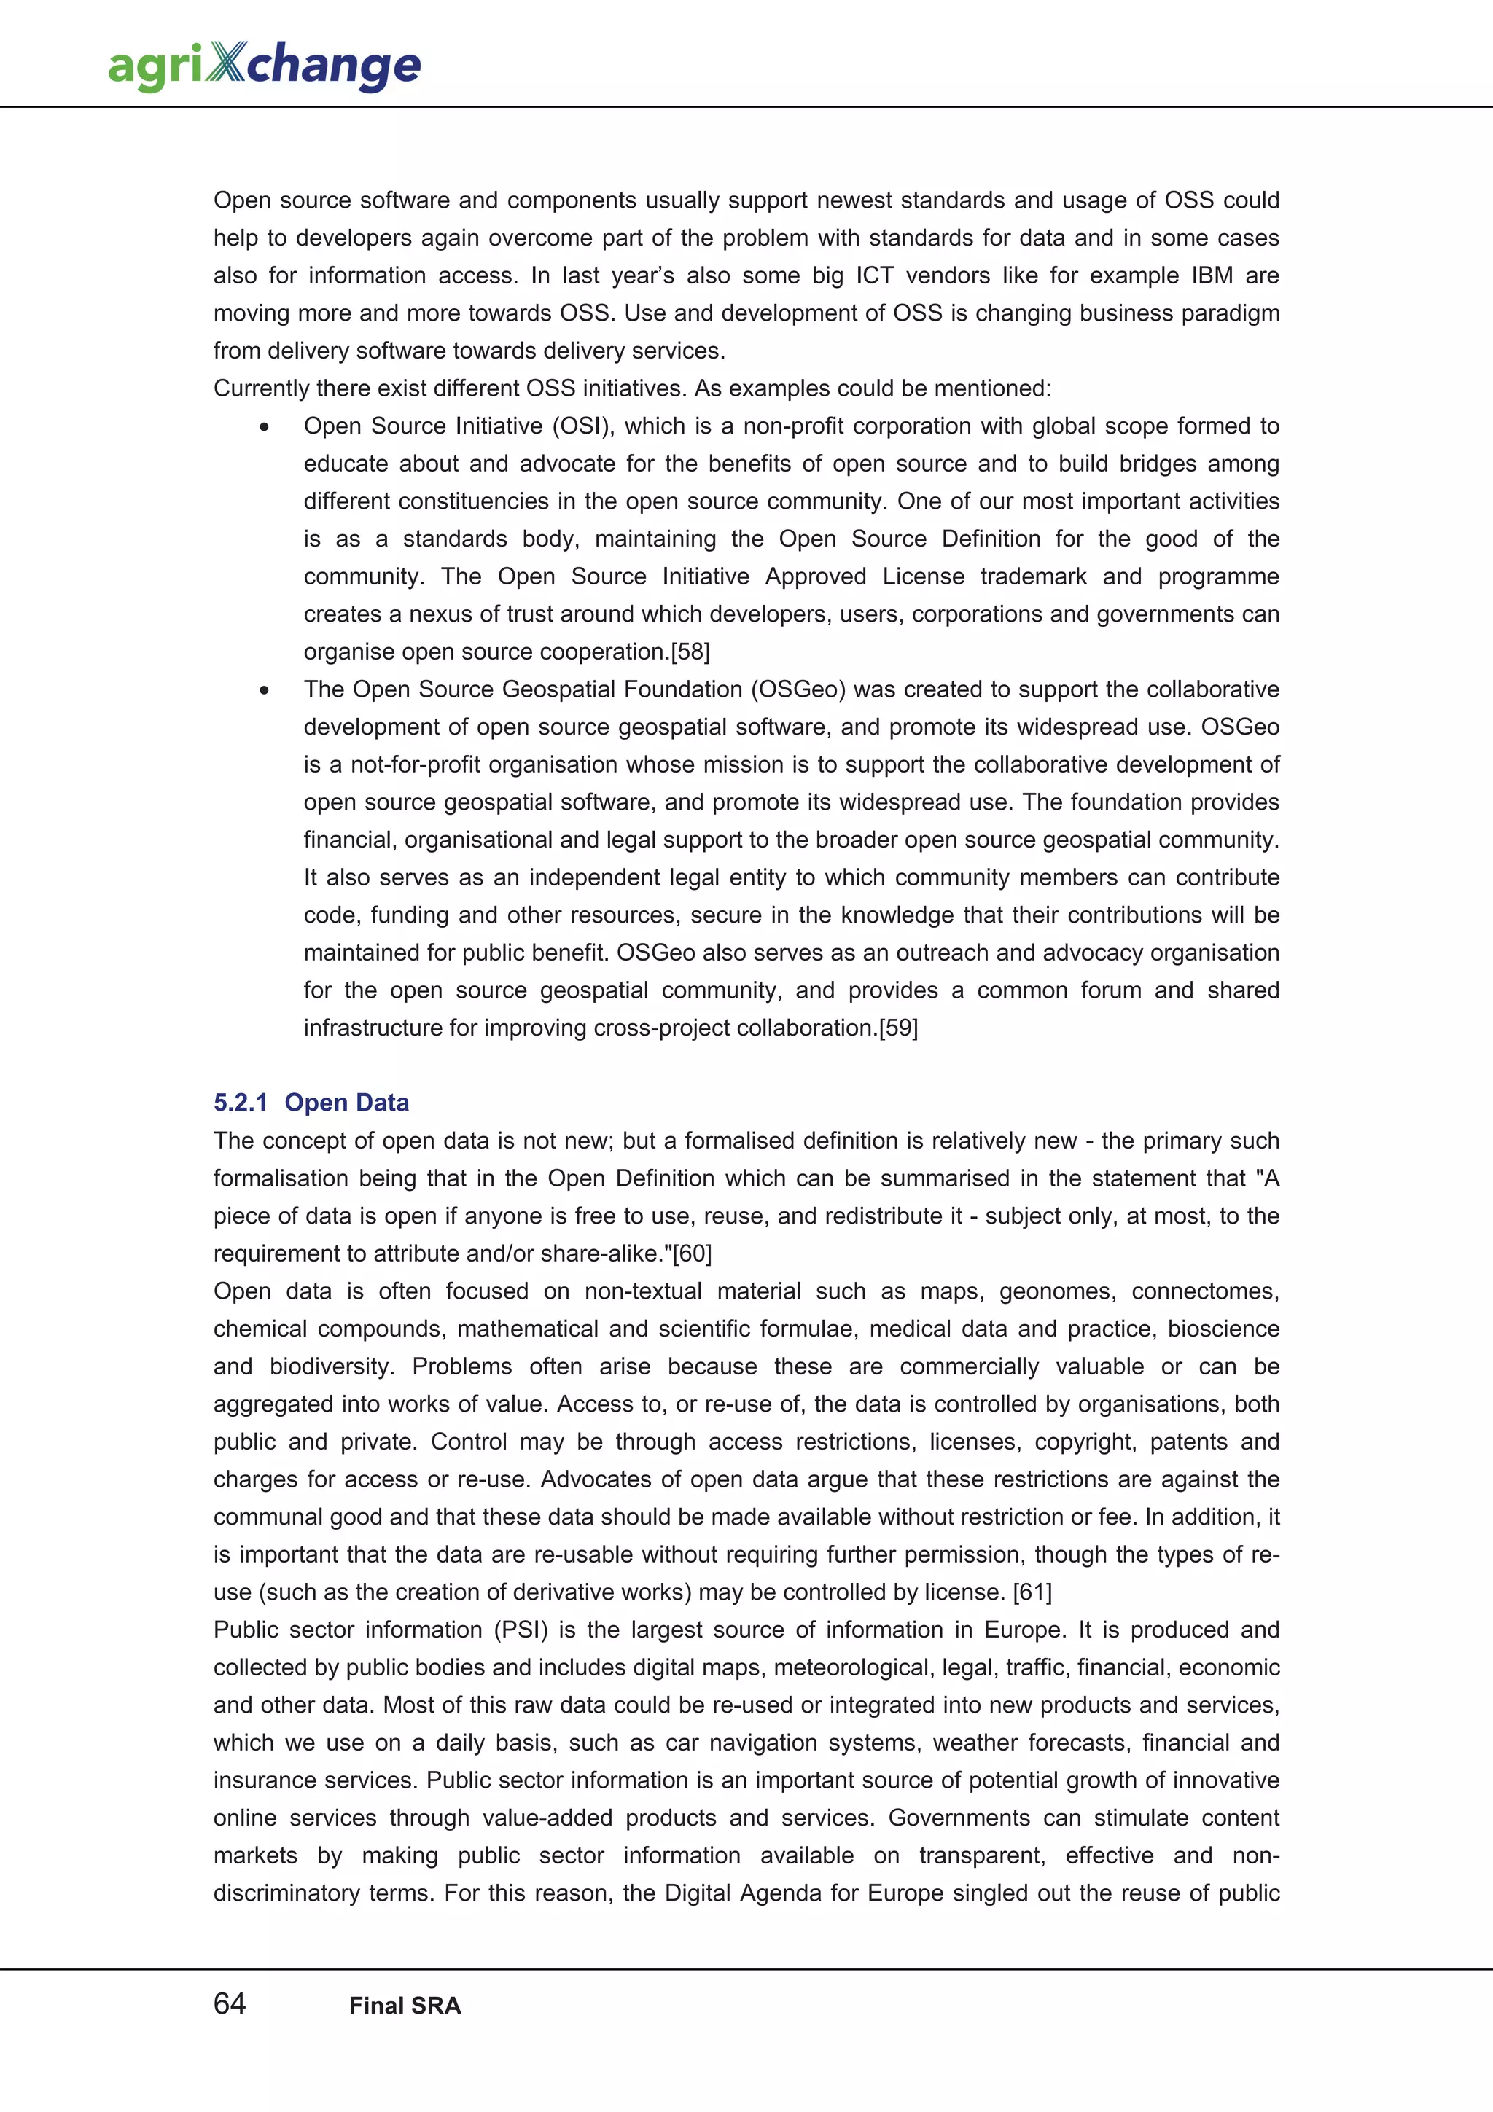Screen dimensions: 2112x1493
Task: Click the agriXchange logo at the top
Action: pyautogui.click(x=264, y=66)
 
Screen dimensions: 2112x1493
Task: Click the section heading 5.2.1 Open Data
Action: pyautogui.click(x=311, y=1102)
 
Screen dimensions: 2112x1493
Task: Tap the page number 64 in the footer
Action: pyautogui.click(x=229, y=2003)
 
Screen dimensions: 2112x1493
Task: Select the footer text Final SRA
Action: pyautogui.click(x=405, y=2006)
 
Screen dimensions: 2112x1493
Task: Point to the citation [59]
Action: pyautogui.click(x=898, y=1028)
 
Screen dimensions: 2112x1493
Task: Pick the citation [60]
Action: pyautogui.click(x=692, y=1253)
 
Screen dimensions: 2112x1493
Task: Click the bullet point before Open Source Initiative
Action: pyautogui.click(x=265, y=427)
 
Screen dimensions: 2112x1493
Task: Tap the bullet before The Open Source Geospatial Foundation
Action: pyautogui.click(x=265, y=690)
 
